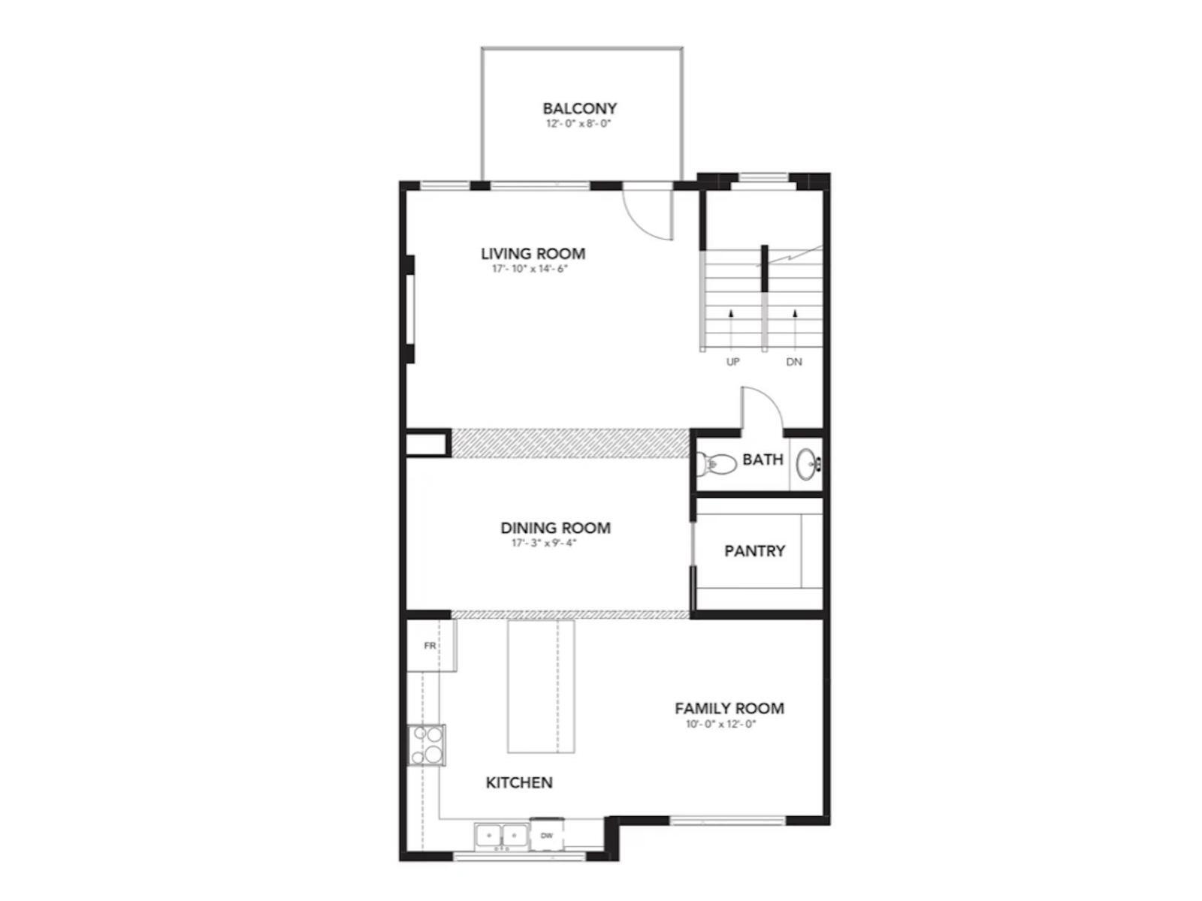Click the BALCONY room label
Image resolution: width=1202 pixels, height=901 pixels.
tap(579, 109)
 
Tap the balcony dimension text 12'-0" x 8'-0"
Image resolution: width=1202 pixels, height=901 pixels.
tap(578, 124)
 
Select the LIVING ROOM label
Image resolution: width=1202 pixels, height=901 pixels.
tap(533, 254)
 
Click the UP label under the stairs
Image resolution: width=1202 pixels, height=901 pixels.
tap(732, 362)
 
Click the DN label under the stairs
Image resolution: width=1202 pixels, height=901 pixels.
tap(794, 362)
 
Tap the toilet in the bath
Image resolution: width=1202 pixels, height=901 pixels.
tap(717, 464)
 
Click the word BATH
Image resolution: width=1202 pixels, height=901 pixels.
tap(763, 460)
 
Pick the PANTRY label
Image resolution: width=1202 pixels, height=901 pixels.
tap(754, 551)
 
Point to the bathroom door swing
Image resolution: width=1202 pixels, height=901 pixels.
tap(760, 410)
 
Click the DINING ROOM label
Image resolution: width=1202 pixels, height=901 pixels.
tap(555, 528)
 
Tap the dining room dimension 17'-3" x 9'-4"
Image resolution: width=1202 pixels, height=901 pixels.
tap(544, 543)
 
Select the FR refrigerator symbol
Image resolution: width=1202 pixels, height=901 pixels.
tap(430, 646)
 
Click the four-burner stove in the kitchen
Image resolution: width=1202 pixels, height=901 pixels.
tap(426, 744)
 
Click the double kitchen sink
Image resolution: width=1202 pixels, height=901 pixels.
tap(500, 834)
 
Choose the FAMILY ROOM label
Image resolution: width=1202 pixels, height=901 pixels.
tap(729, 708)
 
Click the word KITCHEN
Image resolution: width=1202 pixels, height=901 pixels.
tap(519, 782)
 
